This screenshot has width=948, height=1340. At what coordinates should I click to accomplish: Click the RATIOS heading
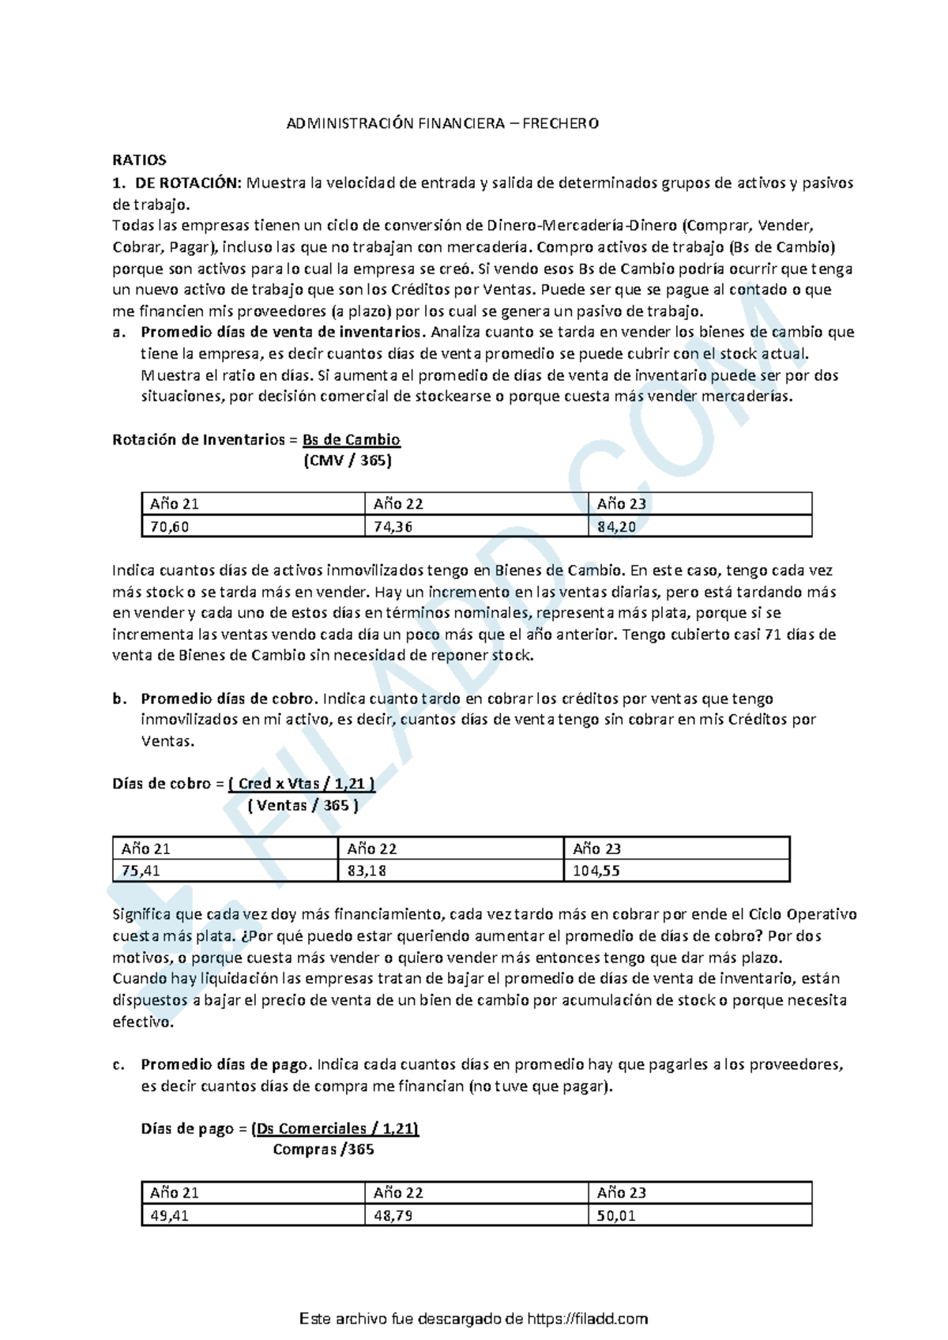coord(139,160)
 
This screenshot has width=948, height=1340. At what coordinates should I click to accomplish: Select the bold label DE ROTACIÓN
coord(186,183)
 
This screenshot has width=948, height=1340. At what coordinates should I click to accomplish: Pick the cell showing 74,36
coord(393,527)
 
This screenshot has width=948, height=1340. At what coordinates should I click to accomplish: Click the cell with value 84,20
coord(616,527)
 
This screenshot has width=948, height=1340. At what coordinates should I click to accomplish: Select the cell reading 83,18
coord(367,871)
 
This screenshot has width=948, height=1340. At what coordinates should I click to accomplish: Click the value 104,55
coord(596,871)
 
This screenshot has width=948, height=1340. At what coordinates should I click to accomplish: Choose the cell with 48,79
coord(393,1216)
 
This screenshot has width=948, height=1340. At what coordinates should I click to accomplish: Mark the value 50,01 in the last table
coord(616,1216)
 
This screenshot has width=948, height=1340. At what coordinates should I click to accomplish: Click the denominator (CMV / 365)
coord(347,461)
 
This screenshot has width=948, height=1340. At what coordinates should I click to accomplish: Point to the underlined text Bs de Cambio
coord(351,440)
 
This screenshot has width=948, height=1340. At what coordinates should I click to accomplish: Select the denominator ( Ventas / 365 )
coord(303,806)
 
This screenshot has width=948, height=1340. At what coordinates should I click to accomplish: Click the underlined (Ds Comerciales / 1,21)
coord(334,1129)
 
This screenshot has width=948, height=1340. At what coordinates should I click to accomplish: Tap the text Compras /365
coord(323,1150)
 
